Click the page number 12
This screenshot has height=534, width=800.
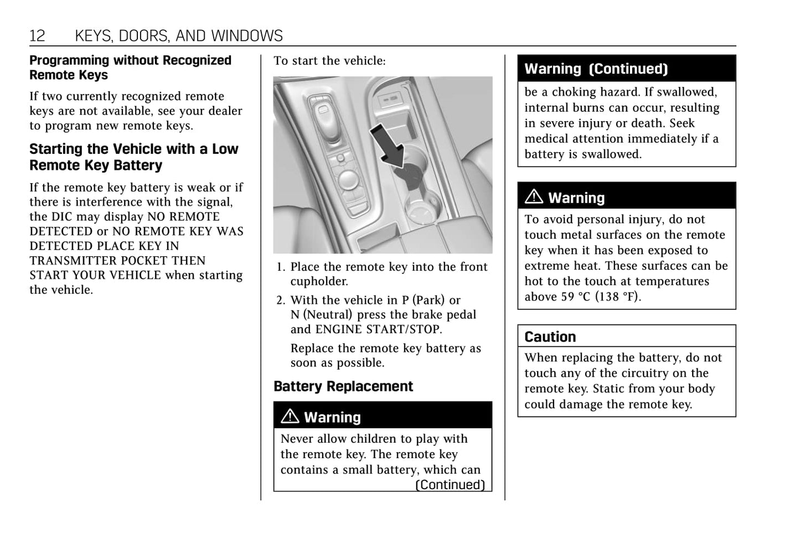(x=37, y=36)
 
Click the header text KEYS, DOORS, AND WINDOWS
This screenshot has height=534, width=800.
(x=178, y=36)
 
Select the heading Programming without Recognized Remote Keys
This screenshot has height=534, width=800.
(x=130, y=68)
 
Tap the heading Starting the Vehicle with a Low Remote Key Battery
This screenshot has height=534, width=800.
(x=133, y=157)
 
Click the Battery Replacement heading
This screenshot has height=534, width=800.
(x=343, y=386)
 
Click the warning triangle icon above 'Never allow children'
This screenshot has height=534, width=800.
(x=290, y=416)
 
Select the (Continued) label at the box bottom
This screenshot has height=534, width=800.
(x=450, y=485)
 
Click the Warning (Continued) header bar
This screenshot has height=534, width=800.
(x=626, y=69)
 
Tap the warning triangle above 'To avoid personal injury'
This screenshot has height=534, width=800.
(x=534, y=196)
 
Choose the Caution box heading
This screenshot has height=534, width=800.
(x=550, y=336)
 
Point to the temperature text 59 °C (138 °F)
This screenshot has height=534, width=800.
(x=601, y=297)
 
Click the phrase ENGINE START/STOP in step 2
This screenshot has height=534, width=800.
(x=378, y=329)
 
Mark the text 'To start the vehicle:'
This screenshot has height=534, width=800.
(x=329, y=61)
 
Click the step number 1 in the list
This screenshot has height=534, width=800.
(x=280, y=267)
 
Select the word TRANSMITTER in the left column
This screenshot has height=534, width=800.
(x=62, y=261)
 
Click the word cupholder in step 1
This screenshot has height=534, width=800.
(x=319, y=282)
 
